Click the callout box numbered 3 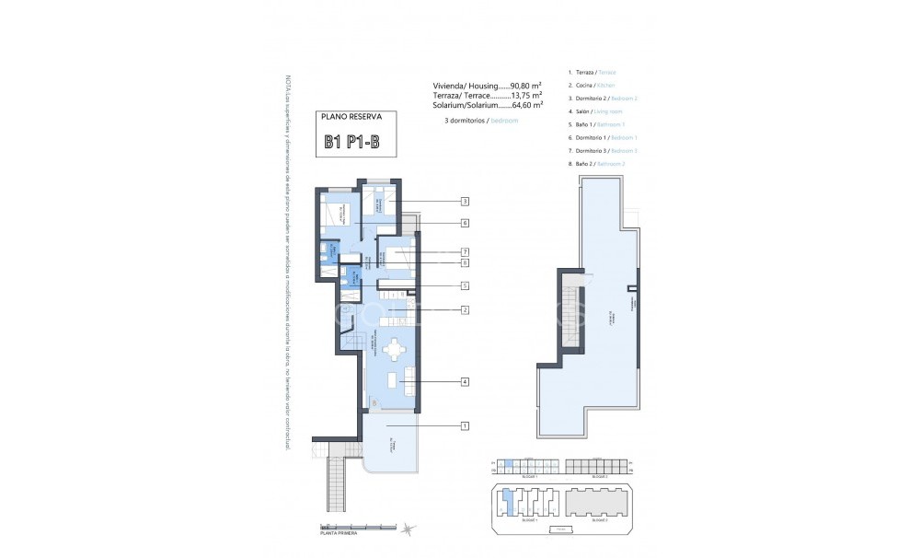[x=466, y=202]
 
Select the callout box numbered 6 [x=466, y=223]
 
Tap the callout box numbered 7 [x=466, y=251]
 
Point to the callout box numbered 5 [x=466, y=285]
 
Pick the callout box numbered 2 [x=466, y=310]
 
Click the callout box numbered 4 [x=466, y=381]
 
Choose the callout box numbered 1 [x=466, y=425]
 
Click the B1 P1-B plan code [x=357, y=142]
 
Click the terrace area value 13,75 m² [x=524, y=95]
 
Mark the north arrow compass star [x=407, y=528]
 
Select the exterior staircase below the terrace [x=339, y=479]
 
